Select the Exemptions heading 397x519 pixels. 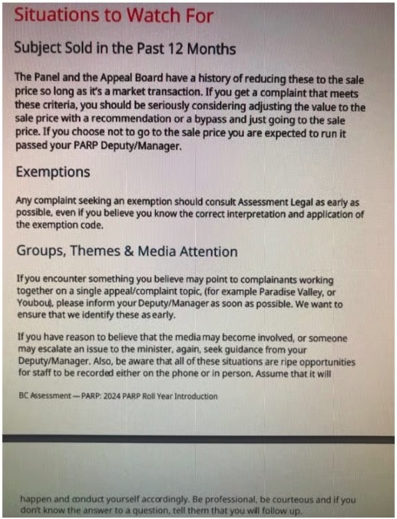[x=53, y=172]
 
